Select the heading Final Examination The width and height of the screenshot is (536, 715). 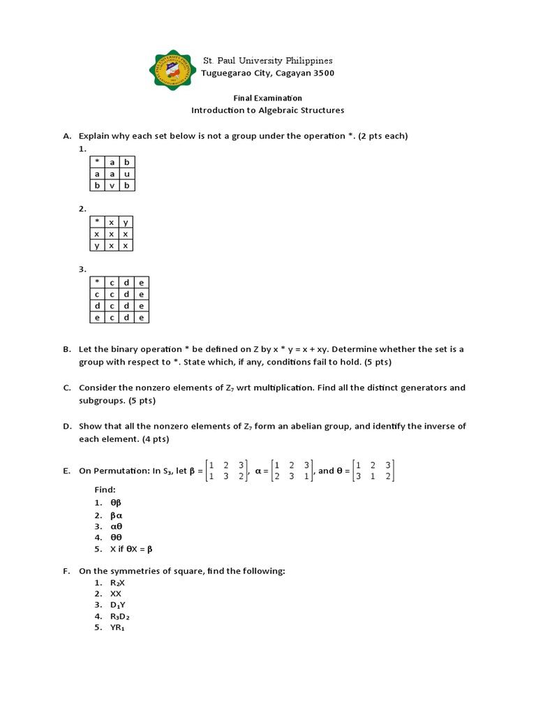[267, 98]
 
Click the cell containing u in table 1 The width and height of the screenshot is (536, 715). [127, 173]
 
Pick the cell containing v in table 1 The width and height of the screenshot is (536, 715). [112, 185]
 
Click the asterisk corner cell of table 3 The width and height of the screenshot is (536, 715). [96, 282]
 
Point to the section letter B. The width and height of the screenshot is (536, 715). [66, 349]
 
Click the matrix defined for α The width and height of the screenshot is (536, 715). [293, 471]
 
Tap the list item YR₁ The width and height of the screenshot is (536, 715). [117, 628]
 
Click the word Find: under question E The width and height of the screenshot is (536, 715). [105, 490]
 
